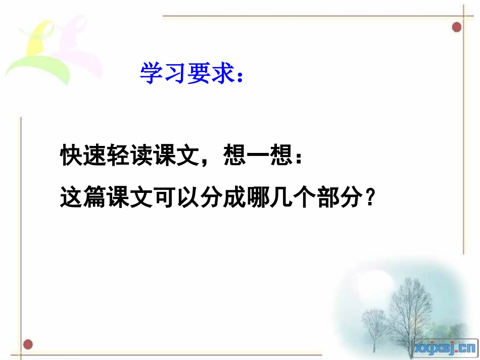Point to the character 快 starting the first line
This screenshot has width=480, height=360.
[x=72, y=157]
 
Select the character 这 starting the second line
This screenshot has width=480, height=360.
[x=72, y=197]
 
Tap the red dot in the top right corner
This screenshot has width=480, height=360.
[x=457, y=27]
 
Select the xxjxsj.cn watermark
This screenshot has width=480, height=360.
[x=445, y=347]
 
